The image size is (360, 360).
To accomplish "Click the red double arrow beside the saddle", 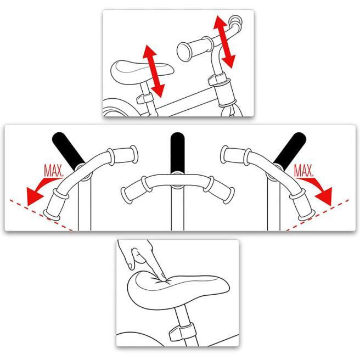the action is (153, 71).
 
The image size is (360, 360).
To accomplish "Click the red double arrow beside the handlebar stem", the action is (224, 42).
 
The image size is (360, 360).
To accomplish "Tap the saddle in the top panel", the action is (142, 71).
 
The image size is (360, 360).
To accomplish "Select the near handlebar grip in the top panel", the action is (194, 48).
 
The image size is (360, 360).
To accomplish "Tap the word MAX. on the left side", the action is (53, 171).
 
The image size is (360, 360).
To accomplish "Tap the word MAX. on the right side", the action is (303, 171).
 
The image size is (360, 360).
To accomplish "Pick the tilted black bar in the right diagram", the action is (290, 150).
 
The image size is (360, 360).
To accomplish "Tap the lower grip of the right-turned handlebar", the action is (301, 204).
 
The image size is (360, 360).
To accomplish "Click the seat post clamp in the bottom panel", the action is (182, 331).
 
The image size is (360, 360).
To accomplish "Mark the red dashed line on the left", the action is (41, 215).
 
